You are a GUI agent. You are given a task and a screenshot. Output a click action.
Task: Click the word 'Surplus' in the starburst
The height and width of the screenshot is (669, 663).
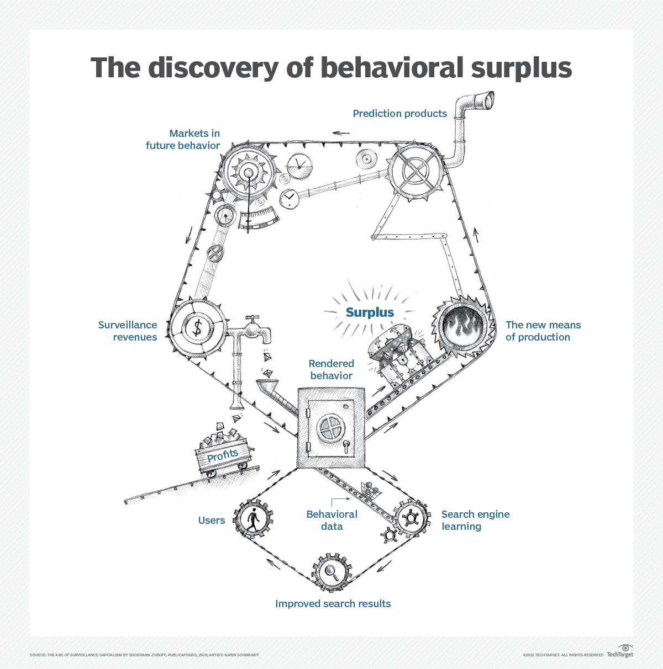click(370, 312)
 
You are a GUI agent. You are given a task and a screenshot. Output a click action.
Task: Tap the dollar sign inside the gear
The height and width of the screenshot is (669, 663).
click(197, 327)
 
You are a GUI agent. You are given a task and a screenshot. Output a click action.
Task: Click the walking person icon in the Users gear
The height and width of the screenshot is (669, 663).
click(252, 519)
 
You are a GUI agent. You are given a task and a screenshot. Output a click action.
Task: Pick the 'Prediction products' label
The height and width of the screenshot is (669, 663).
click(399, 114)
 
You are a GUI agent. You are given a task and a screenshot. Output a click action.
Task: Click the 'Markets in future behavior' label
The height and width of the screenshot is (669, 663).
click(183, 140)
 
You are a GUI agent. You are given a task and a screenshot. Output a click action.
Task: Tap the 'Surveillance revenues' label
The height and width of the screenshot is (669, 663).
click(128, 331)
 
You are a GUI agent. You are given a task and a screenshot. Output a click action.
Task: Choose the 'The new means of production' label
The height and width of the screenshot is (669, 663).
click(543, 331)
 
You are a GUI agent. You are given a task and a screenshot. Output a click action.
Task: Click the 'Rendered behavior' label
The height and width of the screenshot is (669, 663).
click(331, 369)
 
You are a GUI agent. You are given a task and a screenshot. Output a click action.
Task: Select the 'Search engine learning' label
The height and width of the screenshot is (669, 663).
click(475, 520)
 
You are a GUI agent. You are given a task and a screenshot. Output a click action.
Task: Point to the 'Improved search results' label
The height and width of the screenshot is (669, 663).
click(333, 604)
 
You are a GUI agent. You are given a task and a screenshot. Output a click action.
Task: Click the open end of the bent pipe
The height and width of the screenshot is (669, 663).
click(488, 101)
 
